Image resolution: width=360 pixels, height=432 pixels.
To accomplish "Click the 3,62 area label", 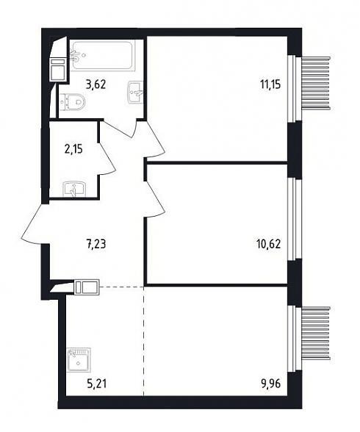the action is [96, 84].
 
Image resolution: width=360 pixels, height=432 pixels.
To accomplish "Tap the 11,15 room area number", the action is [270, 84].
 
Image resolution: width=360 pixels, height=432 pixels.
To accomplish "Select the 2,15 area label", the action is [73, 150].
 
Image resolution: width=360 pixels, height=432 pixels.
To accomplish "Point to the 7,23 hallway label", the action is [96, 244].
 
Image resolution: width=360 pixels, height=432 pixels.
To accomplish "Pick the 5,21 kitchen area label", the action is [96, 384].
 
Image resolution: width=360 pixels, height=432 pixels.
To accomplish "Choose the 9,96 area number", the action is [270, 384].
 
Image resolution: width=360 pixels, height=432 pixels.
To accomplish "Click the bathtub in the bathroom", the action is [102, 56].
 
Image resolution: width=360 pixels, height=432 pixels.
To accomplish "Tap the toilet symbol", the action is [73, 102].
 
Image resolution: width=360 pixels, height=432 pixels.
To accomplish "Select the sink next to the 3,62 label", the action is [135, 93].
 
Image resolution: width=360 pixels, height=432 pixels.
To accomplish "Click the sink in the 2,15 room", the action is [74, 190].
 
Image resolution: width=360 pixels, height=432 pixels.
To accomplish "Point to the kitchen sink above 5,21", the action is [79, 360].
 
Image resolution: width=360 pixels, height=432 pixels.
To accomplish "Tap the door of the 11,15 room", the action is [155, 140].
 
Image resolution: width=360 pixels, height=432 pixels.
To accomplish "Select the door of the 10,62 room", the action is [155, 196].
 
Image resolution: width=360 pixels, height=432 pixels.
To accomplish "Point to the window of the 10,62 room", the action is [292, 219].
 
